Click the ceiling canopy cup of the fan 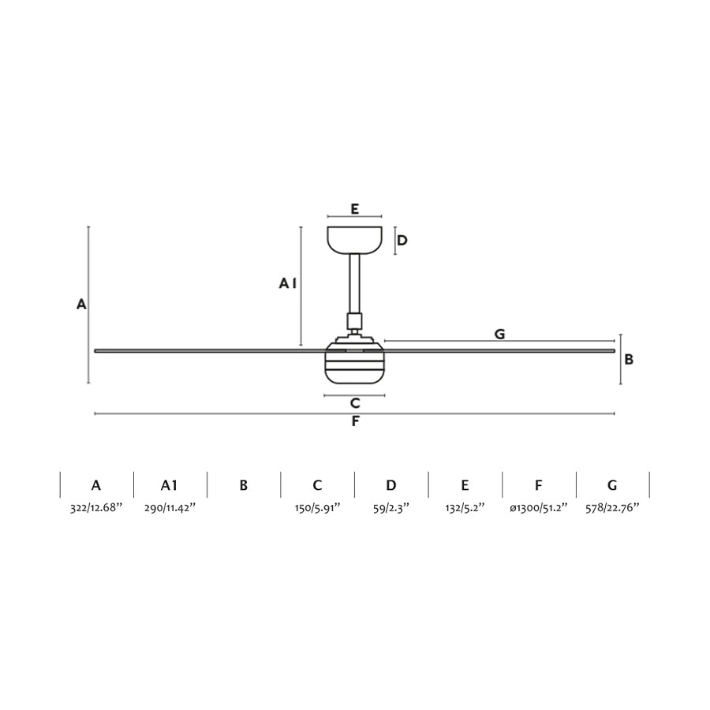point(354,240)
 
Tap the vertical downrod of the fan point(354,283)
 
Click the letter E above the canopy point(354,209)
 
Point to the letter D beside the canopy point(402,240)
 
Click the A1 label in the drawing point(287,283)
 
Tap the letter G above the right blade point(499,334)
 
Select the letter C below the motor point(355,403)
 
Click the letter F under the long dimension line point(356,421)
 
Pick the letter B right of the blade point(629,360)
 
